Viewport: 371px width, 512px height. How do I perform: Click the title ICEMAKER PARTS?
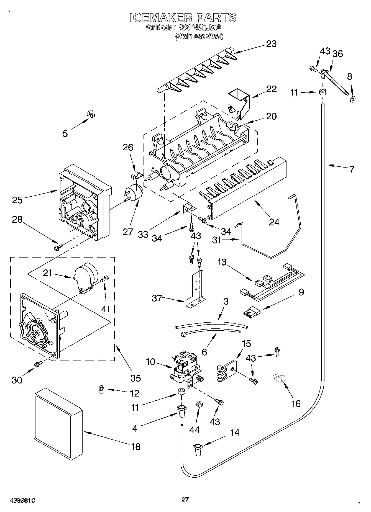[x=183, y=18]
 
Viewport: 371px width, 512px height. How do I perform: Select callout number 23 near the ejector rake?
[x=272, y=44]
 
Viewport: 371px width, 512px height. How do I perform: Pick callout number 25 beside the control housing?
[x=17, y=200]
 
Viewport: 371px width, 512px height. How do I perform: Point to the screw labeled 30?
[x=38, y=364]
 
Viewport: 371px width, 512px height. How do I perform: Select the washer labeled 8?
[x=353, y=99]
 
